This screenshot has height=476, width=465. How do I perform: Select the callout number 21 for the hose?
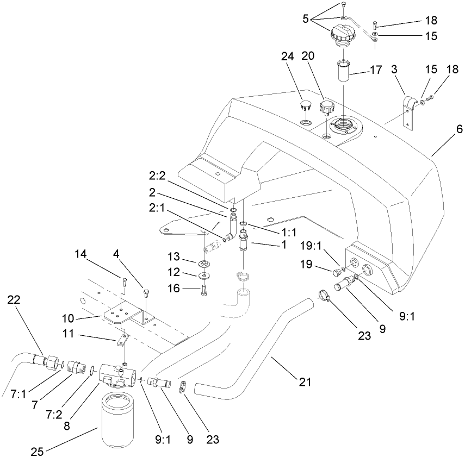point(305,382)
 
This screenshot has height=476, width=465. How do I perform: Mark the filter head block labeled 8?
point(115,375)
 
